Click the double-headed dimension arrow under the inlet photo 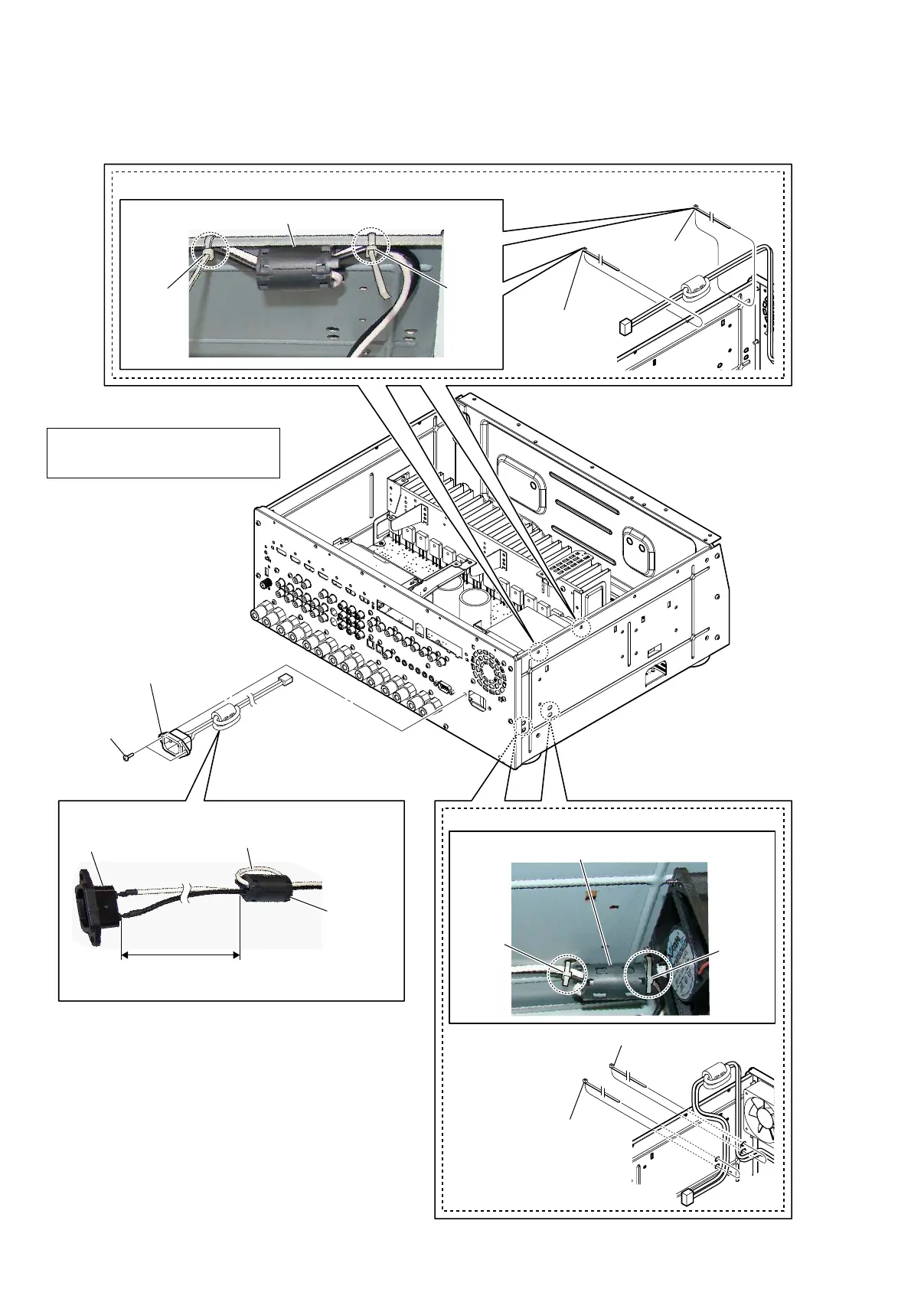click(x=181, y=955)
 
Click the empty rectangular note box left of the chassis click(x=163, y=453)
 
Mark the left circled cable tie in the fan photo click(x=567, y=972)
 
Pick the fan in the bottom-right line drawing click(x=760, y=1111)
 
